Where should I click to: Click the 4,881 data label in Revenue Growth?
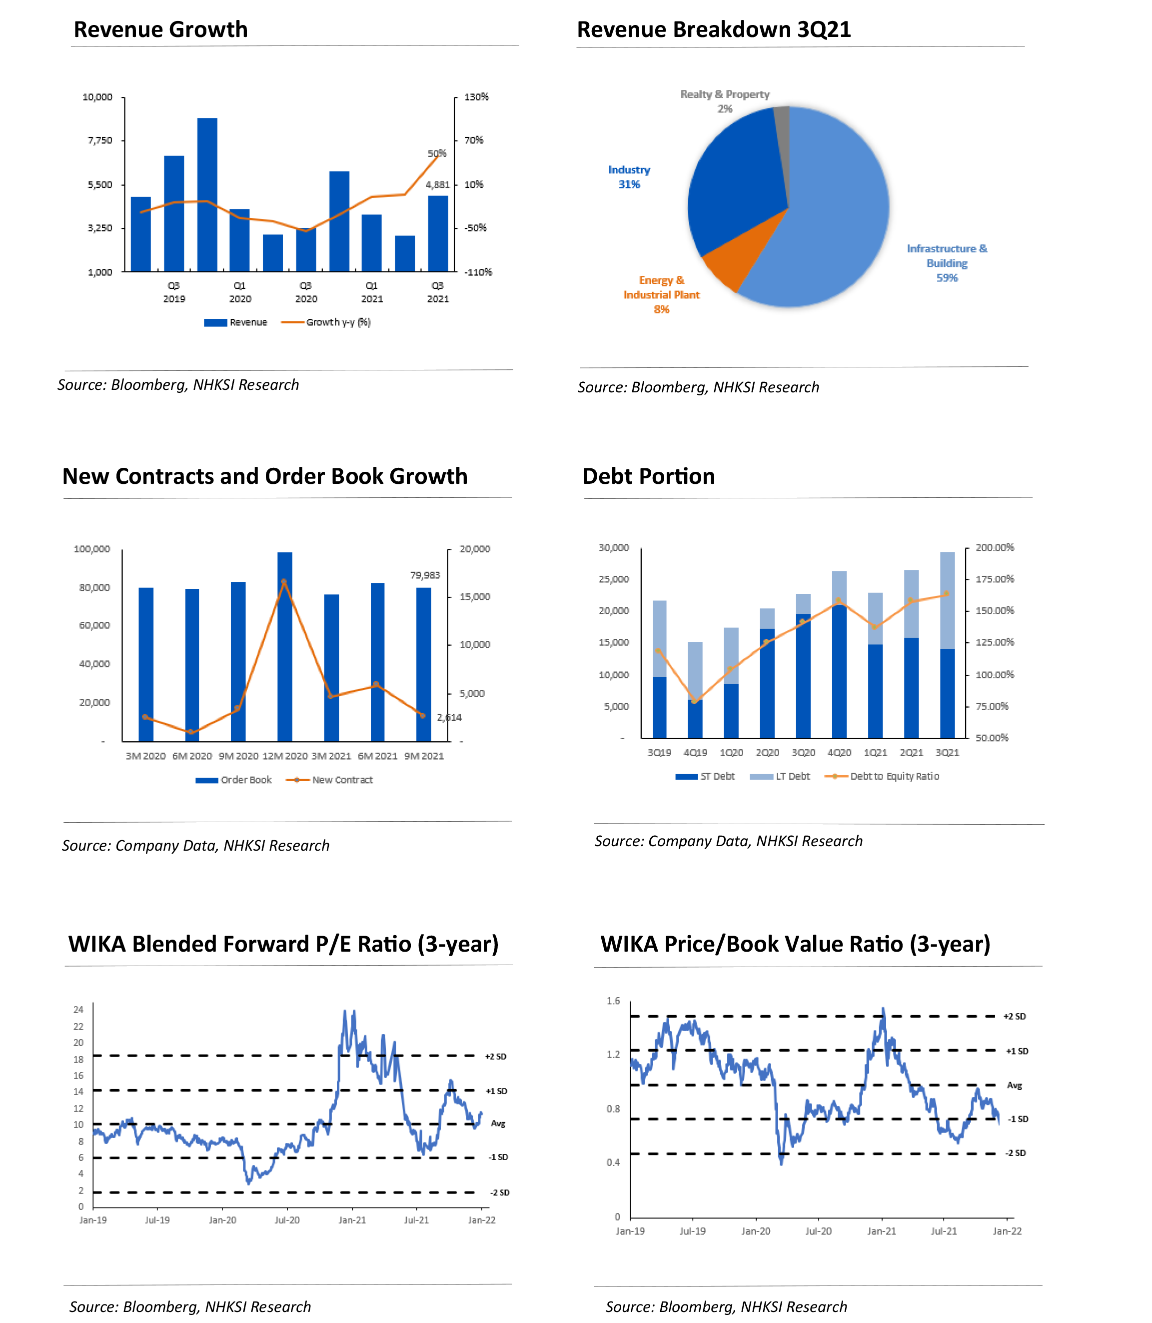[x=438, y=185]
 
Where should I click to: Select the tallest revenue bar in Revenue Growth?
[x=207, y=194]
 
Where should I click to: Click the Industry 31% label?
[x=629, y=177]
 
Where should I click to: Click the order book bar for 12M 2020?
[x=285, y=646]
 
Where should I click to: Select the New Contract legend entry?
[x=341, y=780]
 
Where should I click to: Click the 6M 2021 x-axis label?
[x=377, y=756]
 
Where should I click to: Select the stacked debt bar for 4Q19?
[x=695, y=690]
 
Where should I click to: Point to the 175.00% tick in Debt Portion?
[x=995, y=579]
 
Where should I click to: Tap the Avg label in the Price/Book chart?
[x=1015, y=1085]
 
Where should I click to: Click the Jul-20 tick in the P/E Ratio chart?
[x=287, y=1220]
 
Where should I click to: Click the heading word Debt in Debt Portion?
[x=606, y=476]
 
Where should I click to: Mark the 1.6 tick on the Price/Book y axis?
[x=613, y=1001]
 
